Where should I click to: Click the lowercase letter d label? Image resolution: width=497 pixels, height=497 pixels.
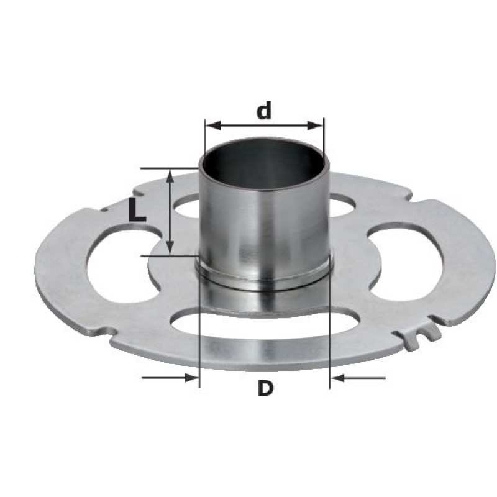(264, 110)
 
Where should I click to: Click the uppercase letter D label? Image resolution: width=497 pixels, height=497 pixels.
(266, 388)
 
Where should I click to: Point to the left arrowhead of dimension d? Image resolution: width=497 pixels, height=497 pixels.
(213, 126)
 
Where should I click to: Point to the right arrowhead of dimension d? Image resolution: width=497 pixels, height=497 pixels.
(316, 126)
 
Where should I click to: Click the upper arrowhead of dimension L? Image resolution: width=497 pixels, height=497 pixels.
(170, 176)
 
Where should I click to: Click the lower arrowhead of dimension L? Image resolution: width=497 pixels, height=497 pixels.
(170, 247)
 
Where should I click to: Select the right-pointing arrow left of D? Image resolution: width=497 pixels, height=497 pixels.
(170, 378)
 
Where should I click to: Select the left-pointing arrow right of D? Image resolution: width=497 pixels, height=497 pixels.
(358, 378)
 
